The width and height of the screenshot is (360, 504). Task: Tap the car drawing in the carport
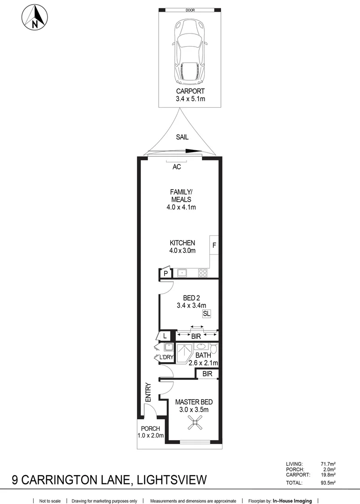tap(190, 50)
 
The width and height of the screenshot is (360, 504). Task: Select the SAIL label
tap(182, 137)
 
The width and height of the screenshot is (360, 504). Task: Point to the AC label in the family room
tap(177, 167)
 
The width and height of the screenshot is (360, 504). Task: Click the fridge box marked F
tap(215, 245)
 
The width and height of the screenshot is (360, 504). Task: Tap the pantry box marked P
tap(165, 274)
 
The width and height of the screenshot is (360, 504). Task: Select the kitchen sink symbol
tap(182, 273)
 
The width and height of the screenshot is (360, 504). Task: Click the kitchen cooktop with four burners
tap(203, 273)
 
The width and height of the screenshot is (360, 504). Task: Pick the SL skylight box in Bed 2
tap(206, 314)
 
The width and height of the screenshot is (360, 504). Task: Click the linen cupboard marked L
tap(165, 336)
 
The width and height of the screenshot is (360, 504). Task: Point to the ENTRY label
tap(148, 392)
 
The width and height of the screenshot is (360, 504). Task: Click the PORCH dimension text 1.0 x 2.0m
tap(151, 435)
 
